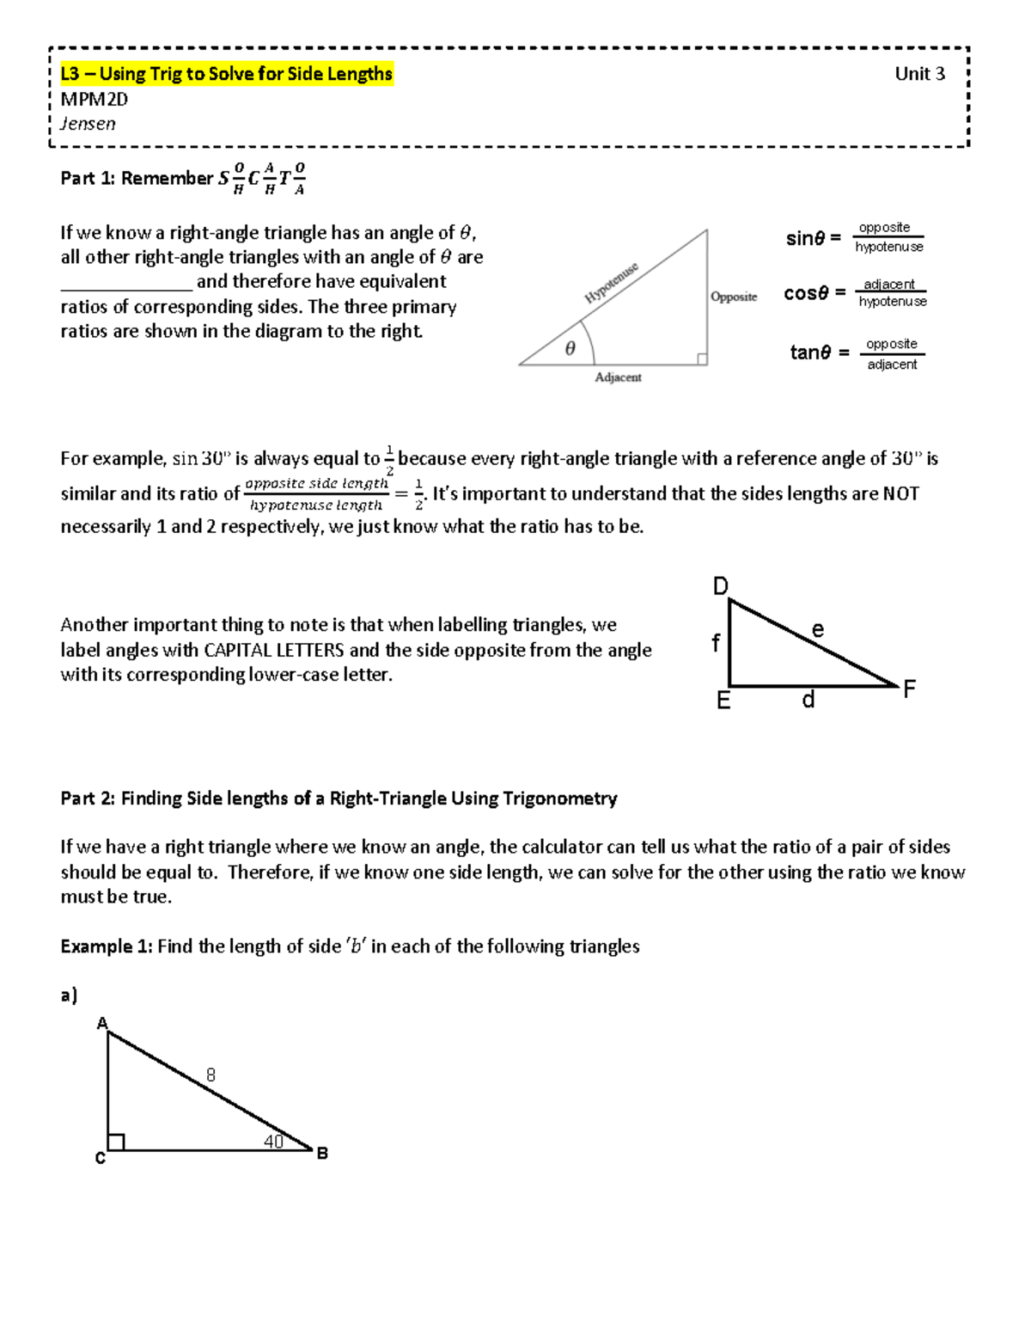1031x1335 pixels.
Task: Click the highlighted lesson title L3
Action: pyautogui.click(x=226, y=74)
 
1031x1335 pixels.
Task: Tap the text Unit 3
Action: pyautogui.click(x=919, y=74)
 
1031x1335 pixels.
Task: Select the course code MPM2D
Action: pyautogui.click(x=94, y=99)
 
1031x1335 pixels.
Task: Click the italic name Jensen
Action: pyautogui.click(x=88, y=124)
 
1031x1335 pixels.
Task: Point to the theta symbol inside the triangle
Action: pyautogui.click(x=570, y=348)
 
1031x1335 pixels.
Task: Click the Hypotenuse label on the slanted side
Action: pyautogui.click(x=611, y=283)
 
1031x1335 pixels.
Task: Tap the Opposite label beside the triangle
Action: pyautogui.click(x=734, y=297)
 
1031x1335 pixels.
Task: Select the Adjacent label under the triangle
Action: pyautogui.click(x=618, y=377)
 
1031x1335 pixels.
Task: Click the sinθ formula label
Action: pyautogui.click(x=812, y=238)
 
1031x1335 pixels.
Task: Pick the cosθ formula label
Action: pyautogui.click(x=814, y=293)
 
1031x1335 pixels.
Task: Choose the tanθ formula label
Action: pyautogui.click(x=819, y=352)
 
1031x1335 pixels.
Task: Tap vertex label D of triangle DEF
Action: pyautogui.click(x=720, y=586)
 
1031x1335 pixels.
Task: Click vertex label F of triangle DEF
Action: pyautogui.click(x=909, y=689)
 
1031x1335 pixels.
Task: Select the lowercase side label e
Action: pyautogui.click(x=818, y=630)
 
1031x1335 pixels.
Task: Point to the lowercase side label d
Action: pyautogui.click(x=808, y=701)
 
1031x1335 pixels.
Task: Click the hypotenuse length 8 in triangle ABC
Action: pyautogui.click(x=210, y=1075)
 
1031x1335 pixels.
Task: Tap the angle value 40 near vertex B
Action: pyautogui.click(x=273, y=1142)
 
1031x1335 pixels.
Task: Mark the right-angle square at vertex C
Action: pyautogui.click(x=116, y=1142)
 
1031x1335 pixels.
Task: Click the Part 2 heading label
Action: pyautogui.click(x=339, y=799)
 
